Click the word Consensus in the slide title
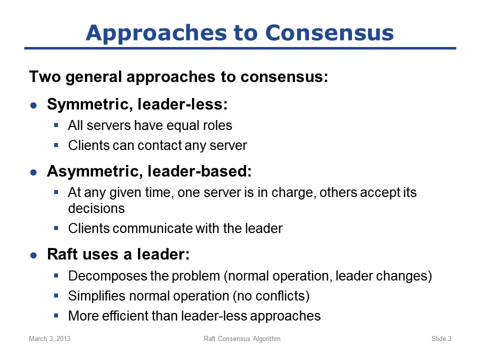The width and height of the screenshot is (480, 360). pyautogui.click(x=329, y=32)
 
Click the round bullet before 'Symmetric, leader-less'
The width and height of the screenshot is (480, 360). pyautogui.click(x=33, y=105)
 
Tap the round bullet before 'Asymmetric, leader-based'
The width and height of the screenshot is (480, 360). pyautogui.click(x=33, y=172)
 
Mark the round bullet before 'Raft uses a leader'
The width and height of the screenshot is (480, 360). pyautogui.click(x=33, y=255)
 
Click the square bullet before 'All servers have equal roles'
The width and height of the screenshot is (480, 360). pyautogui.click(x=56, y=125)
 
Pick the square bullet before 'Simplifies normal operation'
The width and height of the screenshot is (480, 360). pyautogui.click(x=56, y=295)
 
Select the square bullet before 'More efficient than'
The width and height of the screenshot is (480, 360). pyautogui.click(x=56, y=315)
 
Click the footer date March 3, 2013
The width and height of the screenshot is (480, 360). pyautogui.click(x=49, y=338)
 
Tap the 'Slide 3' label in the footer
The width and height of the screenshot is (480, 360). pyautogui.click(x=441, y=338)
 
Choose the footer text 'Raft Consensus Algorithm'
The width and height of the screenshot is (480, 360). pyautogui.click(x=242, y=338)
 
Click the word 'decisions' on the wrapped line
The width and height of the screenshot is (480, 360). pyautogui.click(x=96, y=208)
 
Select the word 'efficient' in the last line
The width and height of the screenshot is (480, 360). pyautogui.click(x=124, y=316)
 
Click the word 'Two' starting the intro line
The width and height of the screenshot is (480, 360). pyautogui.click(x=45, y=76)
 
